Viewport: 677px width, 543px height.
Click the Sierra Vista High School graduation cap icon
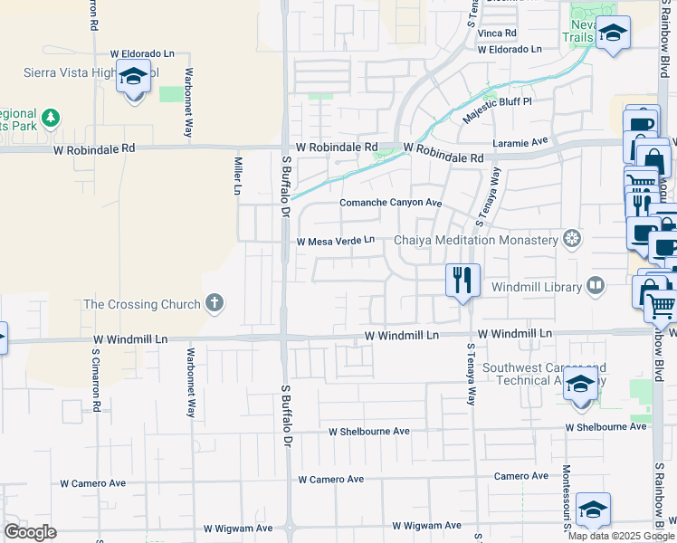coord(133,78)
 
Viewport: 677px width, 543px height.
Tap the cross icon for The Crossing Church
coord(215,303)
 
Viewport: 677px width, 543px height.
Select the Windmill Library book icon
coord(595,287)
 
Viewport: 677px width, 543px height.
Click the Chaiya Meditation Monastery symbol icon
coord(571,240)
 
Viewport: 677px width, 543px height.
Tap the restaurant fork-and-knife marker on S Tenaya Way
coord(462,280)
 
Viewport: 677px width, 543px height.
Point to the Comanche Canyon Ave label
coord(390,203)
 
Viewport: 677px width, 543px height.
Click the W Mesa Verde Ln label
coord(336,241)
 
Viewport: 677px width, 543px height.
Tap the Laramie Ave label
coord(521,142)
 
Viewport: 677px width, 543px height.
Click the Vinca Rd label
coord(497,33)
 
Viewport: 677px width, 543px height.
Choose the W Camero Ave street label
coord(330,479)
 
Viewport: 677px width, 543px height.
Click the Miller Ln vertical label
coord(238,176)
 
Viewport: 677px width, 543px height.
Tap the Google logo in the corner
coord(30,532)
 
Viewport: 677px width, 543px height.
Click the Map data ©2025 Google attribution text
coord(622,536)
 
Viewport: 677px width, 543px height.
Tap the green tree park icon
coord(51,118)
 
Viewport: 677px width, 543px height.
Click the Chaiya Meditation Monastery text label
coord(475,240)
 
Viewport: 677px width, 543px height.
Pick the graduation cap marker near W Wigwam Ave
coord(593,510)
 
